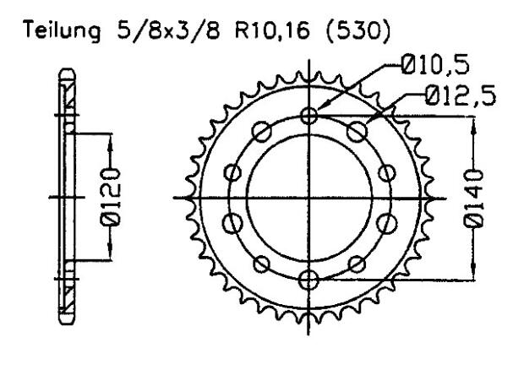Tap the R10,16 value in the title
pyautogui.click(x=262, y=36)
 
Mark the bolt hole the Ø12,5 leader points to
pyautogui.click(x=358, y=132)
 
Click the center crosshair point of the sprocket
pyautogui.click(x=310, y=198)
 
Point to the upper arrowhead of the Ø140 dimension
pyautogui.click(x=474, y=120)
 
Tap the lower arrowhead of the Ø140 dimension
pyautogui.click(x=474, y=275)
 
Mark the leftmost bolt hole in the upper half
pyautogui.click(x=233, y=173)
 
